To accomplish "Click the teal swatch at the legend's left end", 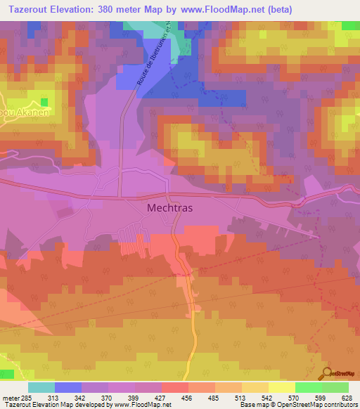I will [41, 387].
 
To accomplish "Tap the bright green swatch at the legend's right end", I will [335, 387].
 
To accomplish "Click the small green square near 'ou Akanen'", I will [45, 103].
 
